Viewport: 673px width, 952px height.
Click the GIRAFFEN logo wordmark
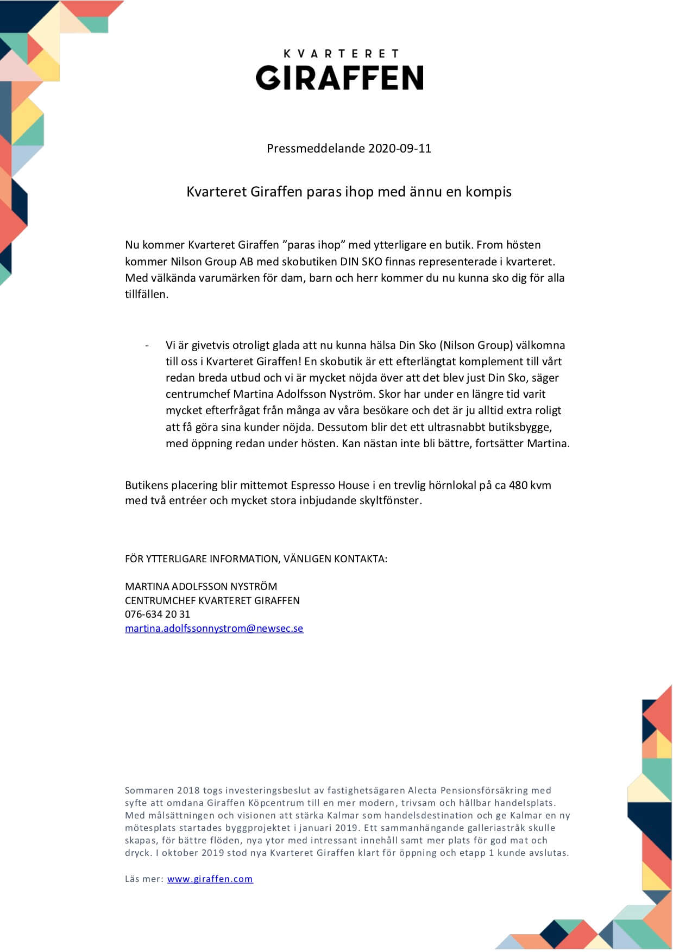coord(339,78)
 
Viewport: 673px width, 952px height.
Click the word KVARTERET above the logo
coord(341,54)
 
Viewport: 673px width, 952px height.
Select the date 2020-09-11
coord(400,149)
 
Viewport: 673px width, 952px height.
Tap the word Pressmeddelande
coord(316,149)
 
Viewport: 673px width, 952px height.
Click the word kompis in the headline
coord(488,192)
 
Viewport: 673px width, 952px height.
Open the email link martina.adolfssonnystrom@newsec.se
coord(214,629)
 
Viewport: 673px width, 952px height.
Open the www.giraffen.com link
coord(210,879)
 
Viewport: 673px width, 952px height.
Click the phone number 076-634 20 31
coord(158,614)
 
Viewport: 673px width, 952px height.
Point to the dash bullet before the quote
coord(147,346)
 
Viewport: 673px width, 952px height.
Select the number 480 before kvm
coord(518,485)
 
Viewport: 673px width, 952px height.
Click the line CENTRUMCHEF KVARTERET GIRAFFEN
coord(212,601)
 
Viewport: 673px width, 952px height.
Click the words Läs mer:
coord(144,879)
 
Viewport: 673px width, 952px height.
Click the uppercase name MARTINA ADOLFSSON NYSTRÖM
coord(201,587)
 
